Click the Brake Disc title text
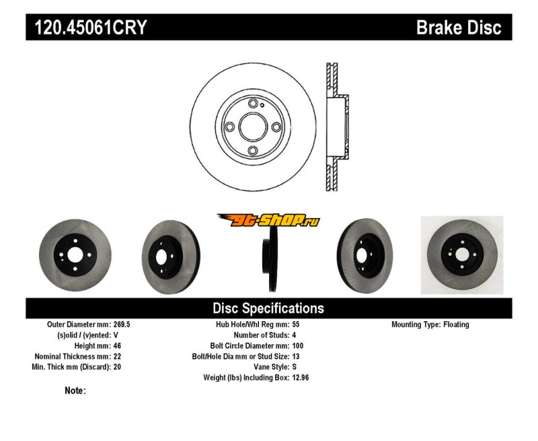point(459,28)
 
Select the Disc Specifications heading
point(268,308)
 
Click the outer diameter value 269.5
point(121,325)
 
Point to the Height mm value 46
point(117,346)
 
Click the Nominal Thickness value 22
point(117,357)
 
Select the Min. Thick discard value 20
point(117,368)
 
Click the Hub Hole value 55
point(297,325)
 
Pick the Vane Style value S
point(295,368)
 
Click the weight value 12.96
point(301,378)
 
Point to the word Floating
point(456,325)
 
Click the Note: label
point(75,391)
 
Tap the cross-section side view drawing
point(336,127)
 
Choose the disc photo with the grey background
point(461,255)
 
